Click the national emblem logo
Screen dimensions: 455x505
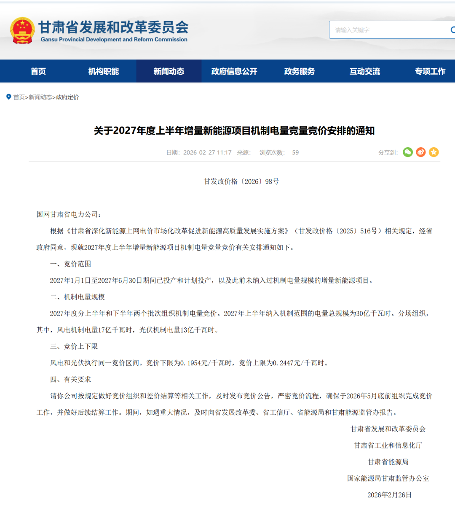click(22, 30)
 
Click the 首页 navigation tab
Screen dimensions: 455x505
click(38, 71)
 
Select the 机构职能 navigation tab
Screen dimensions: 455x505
click(104, 71)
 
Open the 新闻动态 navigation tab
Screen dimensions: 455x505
click(169, 71)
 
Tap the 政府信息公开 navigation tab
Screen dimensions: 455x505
click(234, 71)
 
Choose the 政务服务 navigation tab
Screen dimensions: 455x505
click(300, 71)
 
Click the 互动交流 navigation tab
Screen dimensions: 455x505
click(365, 71)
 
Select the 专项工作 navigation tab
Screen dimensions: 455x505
click(430, 71)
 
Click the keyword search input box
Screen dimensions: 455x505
click(388, 30)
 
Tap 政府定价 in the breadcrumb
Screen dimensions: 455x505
click(67, 97)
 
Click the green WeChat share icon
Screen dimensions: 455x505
click(408, 152)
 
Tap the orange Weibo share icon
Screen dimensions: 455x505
click(421, 152)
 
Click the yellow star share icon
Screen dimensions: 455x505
click(434, 152)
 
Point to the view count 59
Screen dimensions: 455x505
click(295, 153)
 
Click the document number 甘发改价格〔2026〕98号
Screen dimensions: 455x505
click(241, 181)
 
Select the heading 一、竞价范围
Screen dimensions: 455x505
click(71, 264)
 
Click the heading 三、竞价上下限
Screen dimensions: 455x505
click(74, 346)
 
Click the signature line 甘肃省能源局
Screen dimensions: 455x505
click(388, 462)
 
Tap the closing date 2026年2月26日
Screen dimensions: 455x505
click(389, 495)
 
